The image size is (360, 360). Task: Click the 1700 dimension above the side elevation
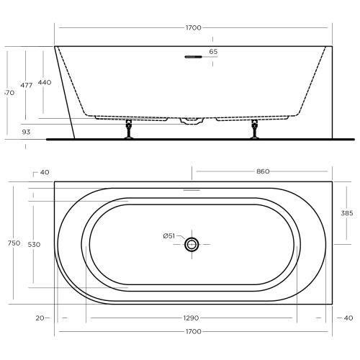(193, 28)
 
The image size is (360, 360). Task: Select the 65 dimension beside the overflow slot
(213, 52)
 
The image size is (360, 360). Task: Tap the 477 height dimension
(27, 85)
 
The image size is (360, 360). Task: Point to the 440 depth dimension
(45, 83)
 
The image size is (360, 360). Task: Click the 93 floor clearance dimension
(27, 132)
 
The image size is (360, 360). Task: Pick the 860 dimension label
(263, 171)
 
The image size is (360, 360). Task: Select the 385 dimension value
(346, 213)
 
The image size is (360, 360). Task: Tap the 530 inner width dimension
(33, 244)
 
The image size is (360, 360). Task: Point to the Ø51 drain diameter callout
(169, 235)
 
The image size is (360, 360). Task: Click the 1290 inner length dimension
(192, 318)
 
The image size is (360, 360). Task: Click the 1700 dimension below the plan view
(193, 332)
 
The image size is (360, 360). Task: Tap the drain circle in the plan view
(192, 245)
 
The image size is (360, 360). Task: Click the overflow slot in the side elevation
(192, 56)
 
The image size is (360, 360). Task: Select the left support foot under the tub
(130, 132)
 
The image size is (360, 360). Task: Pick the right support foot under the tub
(254, 132)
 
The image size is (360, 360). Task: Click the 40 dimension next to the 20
(45, 172)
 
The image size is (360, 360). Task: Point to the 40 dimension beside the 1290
(348, 318)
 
